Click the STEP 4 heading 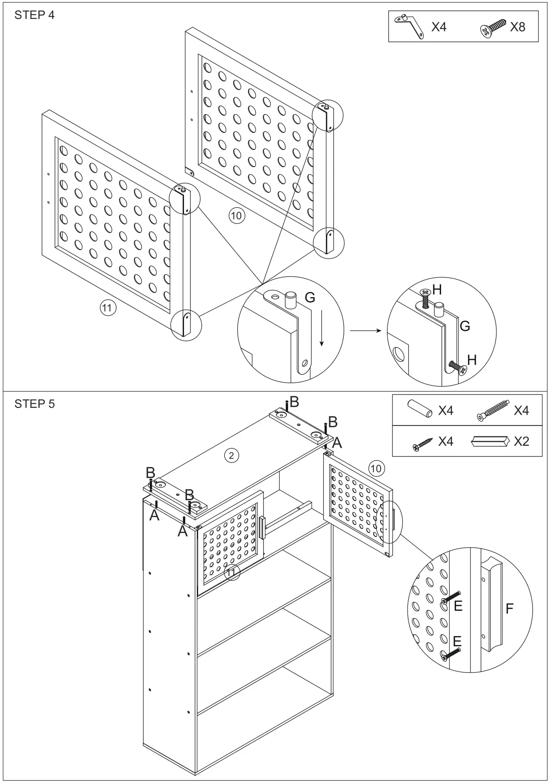pyautogui.click(x=34, y=15)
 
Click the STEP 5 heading pyautogui.click(x=34, y=404)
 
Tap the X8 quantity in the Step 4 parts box pyautogui.click(x=518, y=27)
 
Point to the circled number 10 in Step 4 pyautogui.click(x=236, y=215)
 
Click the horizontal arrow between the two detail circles pyautogui.click(x=365, y=331)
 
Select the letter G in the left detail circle pyautogui.click(x=310, y=298)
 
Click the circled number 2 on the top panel pyautogui.click(x=231, y=455)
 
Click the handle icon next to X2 pyautogui.click(x=488, y=441)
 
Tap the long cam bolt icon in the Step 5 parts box pyautogui.click(x=493, y=411)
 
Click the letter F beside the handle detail pyautogui.click(x=509, y=609)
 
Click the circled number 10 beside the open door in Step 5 pyautogui.click(x=376, y=468)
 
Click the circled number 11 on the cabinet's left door pyautogui.click(x=231, y=572)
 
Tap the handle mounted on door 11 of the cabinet pyautogui.click(x=263, y=528)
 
